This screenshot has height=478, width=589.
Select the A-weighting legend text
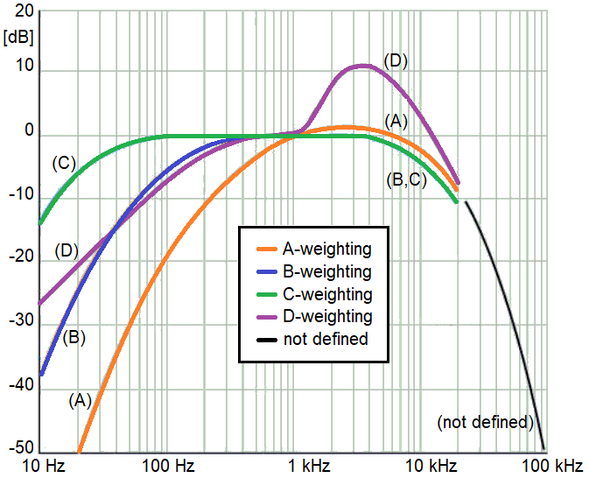[327, 249]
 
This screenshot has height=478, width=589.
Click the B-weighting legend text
[327, 271]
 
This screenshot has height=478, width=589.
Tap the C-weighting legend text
[327, 294]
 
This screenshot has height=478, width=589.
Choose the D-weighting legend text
[327, 316]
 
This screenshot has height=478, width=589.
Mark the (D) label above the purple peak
[396, 60]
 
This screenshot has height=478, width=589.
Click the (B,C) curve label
[404, 181]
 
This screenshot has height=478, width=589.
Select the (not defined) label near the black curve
[485, 422]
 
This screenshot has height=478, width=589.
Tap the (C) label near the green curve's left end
[64, 162]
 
